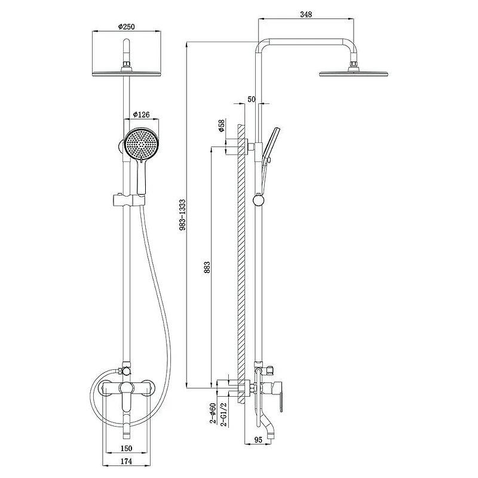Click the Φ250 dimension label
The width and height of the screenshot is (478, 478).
(x=127, y=26)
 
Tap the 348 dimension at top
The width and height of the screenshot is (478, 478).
(x=306, y=14)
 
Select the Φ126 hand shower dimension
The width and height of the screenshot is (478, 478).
(x=142, y=114)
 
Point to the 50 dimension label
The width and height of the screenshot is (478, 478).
(x=252, y=99)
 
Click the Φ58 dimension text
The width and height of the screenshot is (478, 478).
(x=221, y=125)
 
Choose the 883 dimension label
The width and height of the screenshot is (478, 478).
(x=207, y=267)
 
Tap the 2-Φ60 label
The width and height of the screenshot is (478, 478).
(x=213, y=413)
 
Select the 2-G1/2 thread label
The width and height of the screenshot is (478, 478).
(x=223, y=414)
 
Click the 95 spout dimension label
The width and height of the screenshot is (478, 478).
(x=258, y=440)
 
